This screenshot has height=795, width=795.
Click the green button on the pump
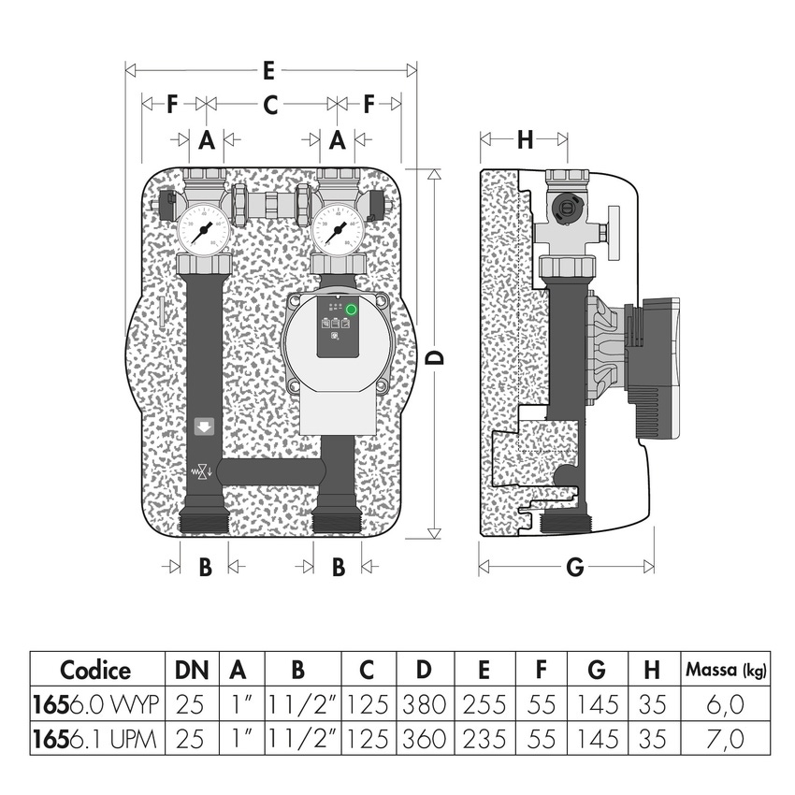point(352,311)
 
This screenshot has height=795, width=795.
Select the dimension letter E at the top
point(268,70)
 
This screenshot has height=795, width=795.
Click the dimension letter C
point(269,106)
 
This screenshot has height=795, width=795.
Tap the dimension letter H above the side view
point(525,140)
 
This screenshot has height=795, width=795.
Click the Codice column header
point(96,670)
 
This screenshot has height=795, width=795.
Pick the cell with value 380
point(425,704)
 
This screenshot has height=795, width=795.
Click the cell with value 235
point(483,739)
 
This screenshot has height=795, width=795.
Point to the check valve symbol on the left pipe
point(200,472)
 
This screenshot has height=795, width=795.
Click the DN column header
point(189,670)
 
